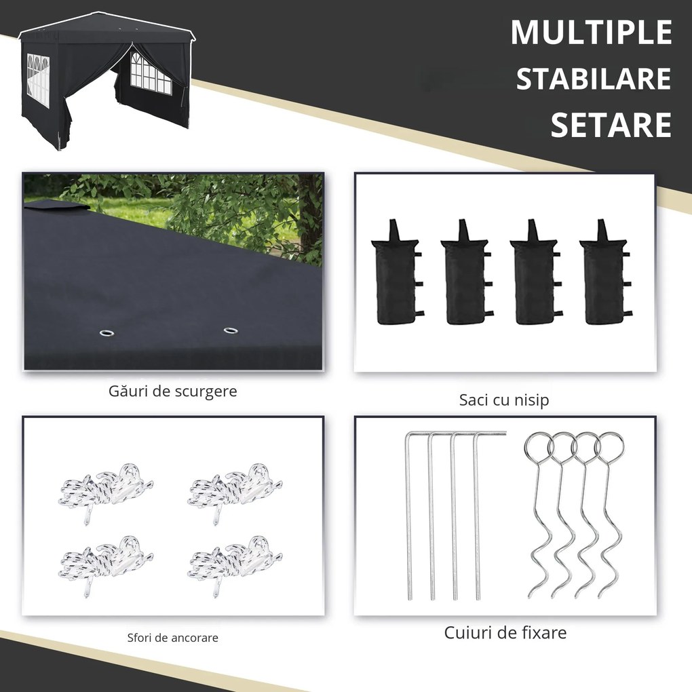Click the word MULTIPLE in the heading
click(x=590, y=33)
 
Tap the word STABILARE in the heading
click(x=593, y=79)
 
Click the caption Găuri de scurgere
click(x=172, y=391)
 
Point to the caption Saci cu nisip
click(x=504, y=400)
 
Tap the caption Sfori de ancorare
click(x=172, y=638)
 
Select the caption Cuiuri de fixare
click(x=505, y=633)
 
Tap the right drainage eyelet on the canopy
click(x=231, y=331)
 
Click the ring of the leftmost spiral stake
click(x=538, y=447)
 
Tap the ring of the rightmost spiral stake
click(x=609, y=447)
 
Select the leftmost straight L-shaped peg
click(x=410, y=516)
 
